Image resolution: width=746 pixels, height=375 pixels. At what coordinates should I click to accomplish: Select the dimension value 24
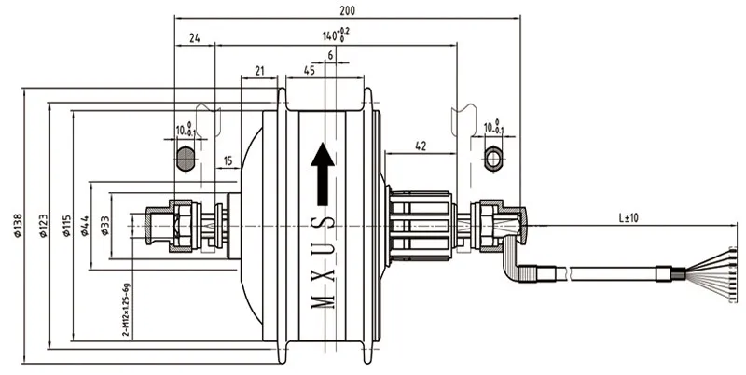[194, 38]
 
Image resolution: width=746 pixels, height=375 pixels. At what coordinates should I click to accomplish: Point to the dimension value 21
[260, 70]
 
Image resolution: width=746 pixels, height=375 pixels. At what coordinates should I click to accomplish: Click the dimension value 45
[308, 70]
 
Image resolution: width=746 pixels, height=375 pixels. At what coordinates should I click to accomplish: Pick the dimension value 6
[330, 56]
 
